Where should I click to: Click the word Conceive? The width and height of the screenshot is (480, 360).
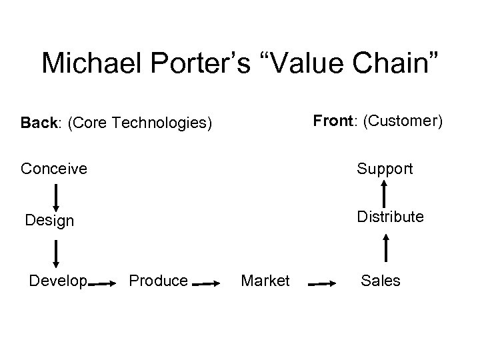[x=53, y=169]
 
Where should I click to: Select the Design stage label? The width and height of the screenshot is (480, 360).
[x=49, y=220]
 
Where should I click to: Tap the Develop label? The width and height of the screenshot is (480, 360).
[x=58, y=281]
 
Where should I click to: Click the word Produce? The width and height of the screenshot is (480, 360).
[x=158, y=281]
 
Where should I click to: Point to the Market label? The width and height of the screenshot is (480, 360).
[x=265, y=281]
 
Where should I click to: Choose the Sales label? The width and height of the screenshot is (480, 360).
[x=380, y=281]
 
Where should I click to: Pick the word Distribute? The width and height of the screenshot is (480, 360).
[x=389, y=217]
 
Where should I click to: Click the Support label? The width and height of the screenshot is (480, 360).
[x=385, y=169]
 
